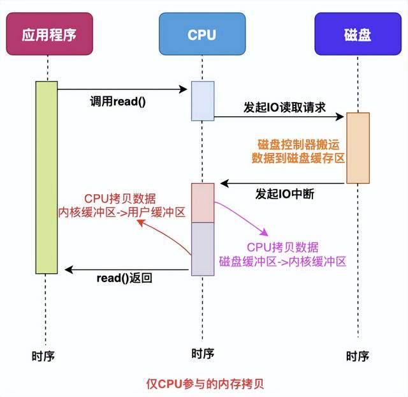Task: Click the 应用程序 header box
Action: pos(47,34)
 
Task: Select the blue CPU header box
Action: pos(202,34)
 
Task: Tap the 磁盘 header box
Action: pos(357,34)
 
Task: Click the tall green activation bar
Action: pos(47,176)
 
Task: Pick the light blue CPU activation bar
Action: pos(203,101)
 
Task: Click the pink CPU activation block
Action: pos(203,202)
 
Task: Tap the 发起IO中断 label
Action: pos(284,194)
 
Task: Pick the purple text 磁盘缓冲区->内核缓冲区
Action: pos(282,261)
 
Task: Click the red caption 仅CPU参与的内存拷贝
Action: pos(204,383)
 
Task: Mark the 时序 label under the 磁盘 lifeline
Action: pos(358,356)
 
